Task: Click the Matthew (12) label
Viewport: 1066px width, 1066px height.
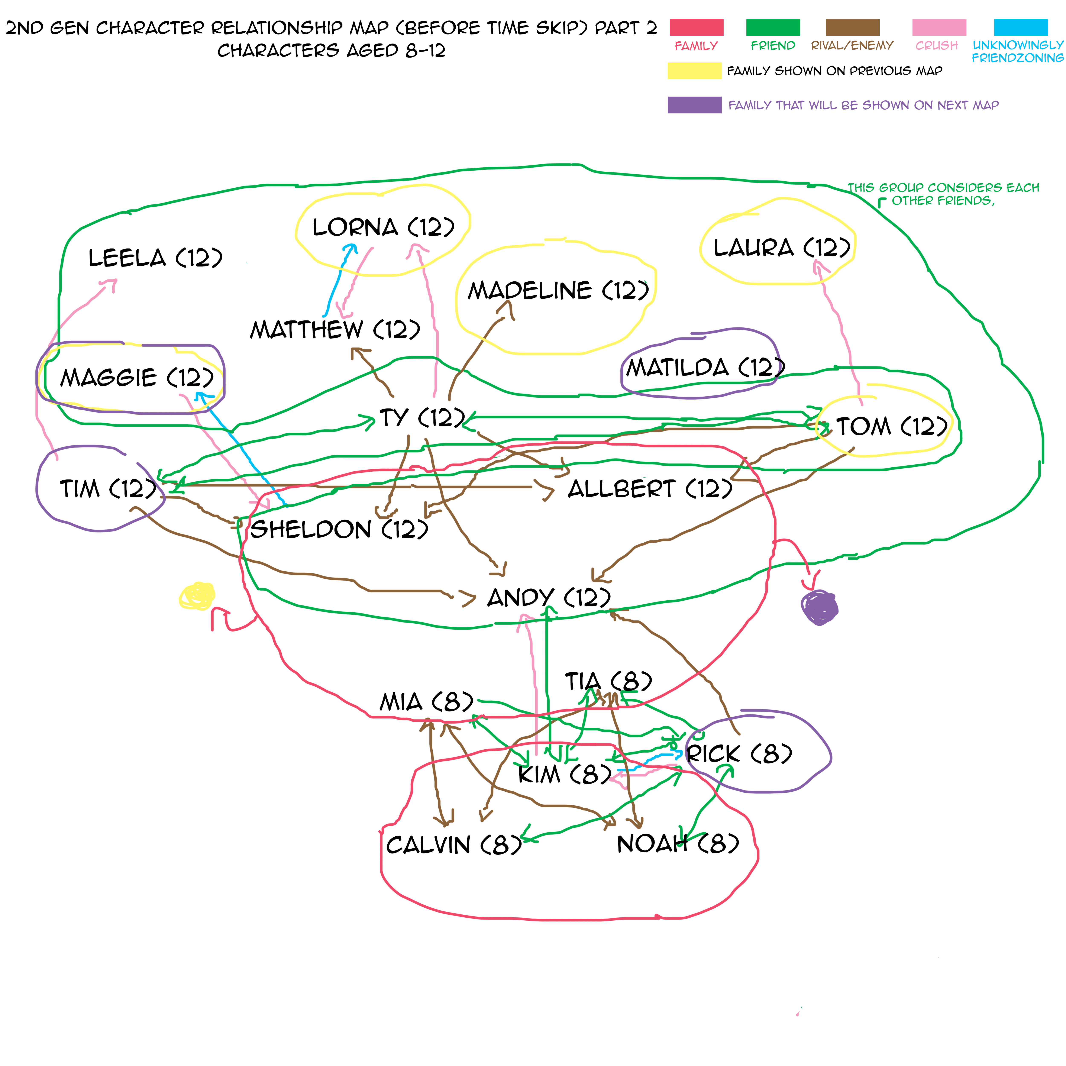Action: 335,330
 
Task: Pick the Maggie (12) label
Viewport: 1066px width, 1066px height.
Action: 136,378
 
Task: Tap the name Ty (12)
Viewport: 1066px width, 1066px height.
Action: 422,418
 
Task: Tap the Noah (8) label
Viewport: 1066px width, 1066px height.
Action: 678,844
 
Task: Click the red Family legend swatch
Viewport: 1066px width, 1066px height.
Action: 696,27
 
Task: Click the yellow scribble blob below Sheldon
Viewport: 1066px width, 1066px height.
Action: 197,596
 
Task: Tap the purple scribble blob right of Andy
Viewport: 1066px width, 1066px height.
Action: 819,607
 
